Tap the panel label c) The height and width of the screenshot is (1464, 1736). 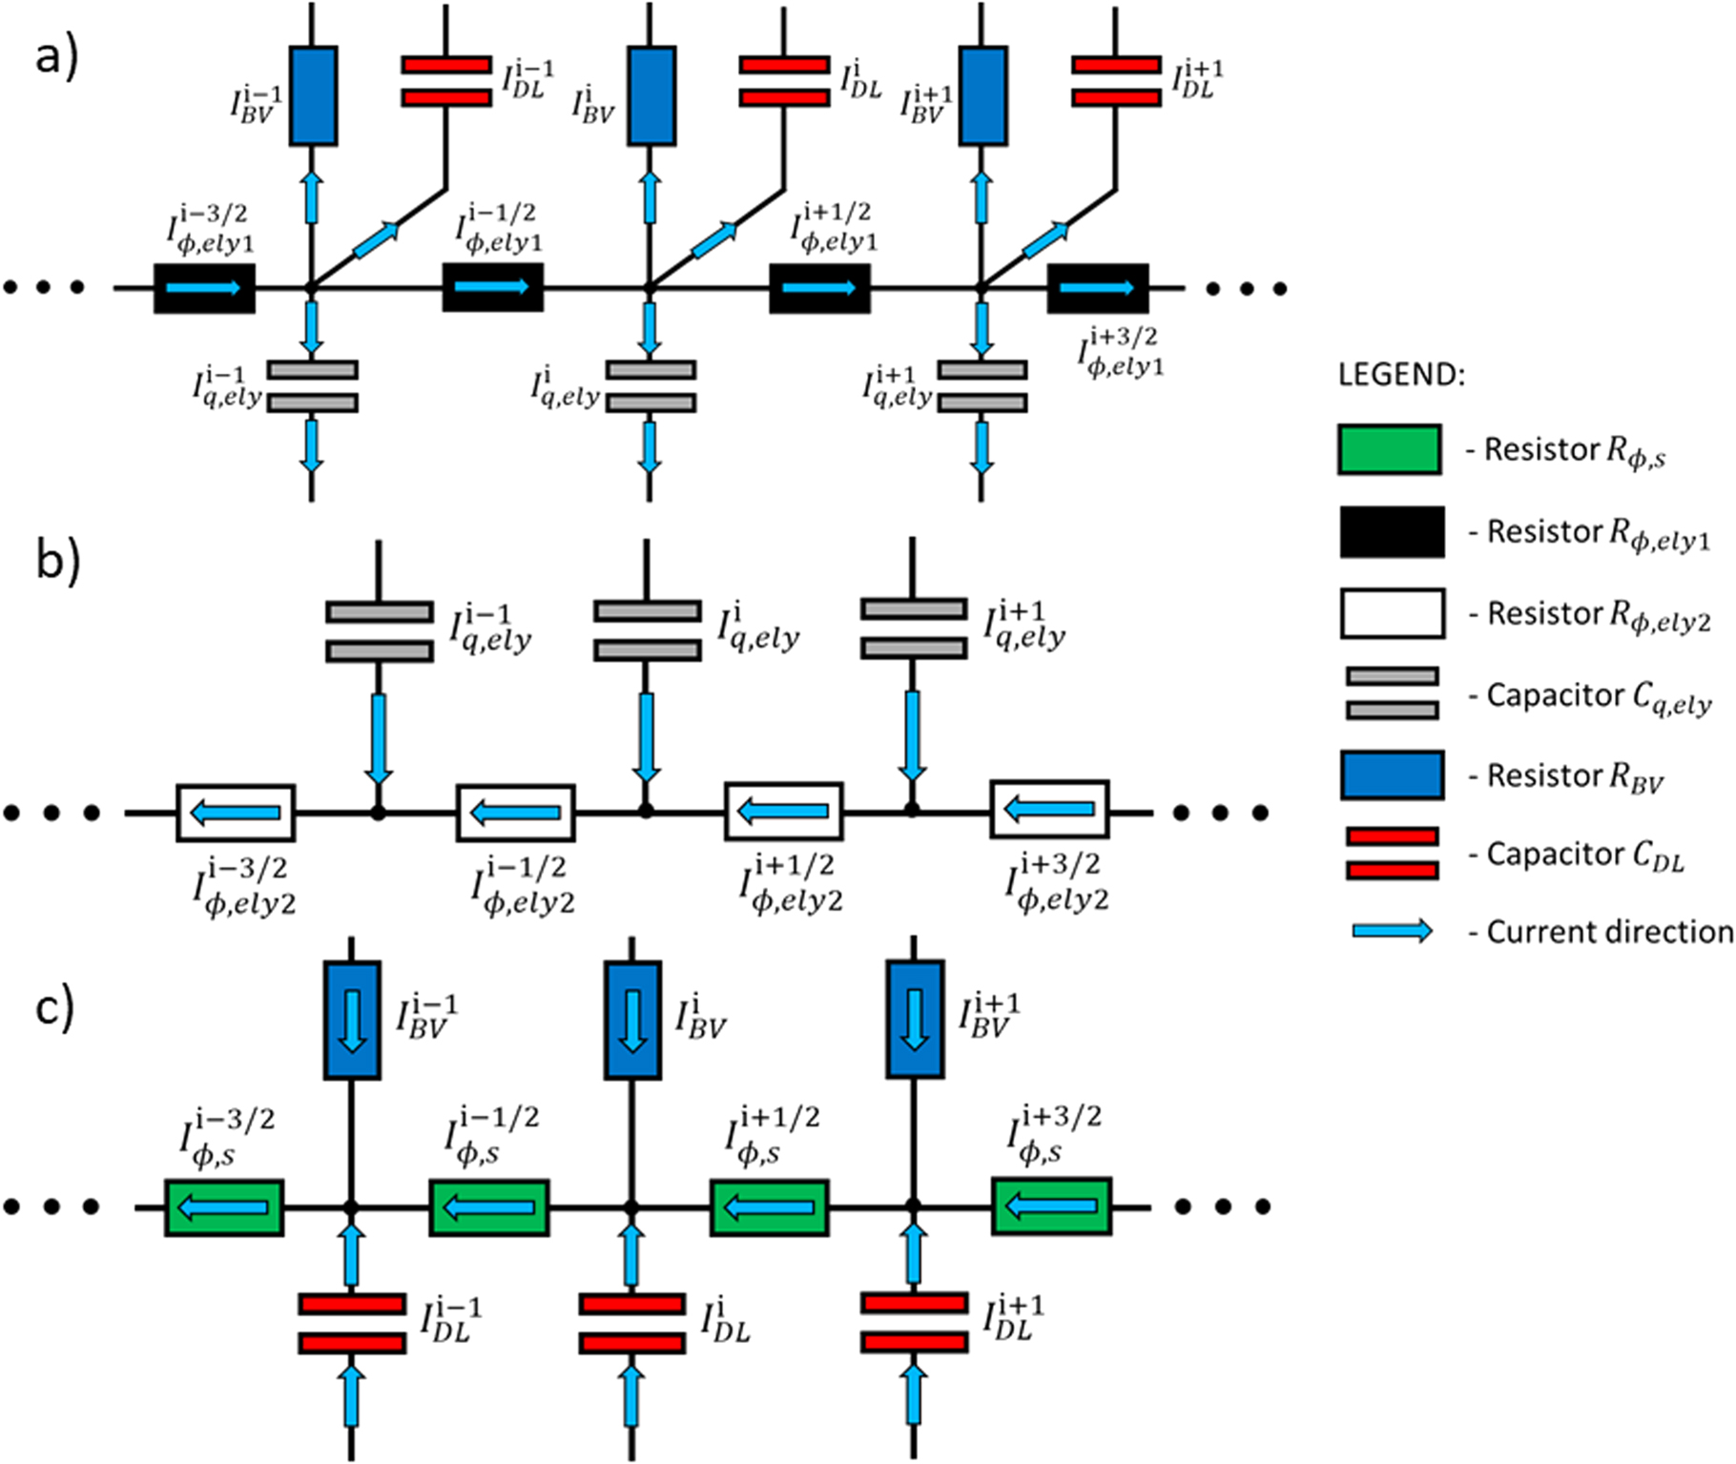point(53,1009)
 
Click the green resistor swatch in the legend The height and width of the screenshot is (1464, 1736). point(1389,449)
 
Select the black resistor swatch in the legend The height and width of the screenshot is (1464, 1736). point(1391,531)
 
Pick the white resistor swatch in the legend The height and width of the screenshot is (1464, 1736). point(1391,613)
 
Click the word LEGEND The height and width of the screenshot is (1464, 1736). point(1400,375)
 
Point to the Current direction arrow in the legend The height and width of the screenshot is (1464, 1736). point(1392,931)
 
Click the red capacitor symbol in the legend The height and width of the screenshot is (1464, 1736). point(1392,853)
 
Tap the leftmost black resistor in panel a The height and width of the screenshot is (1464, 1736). point(204,288)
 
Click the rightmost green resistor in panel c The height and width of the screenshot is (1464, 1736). point(1051,1207)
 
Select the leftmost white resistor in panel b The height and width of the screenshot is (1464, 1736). point(236,813)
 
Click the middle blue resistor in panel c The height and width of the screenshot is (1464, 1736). point(632,1021)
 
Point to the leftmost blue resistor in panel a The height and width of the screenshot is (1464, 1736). point(313,96)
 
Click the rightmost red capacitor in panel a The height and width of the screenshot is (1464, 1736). point(1116,81)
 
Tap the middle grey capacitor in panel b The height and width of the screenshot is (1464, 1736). point(647,629)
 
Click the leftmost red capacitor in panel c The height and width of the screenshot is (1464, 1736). point(352,1323)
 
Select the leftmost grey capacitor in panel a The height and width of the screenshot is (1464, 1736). point(312,386)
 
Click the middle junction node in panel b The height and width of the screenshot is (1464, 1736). point(646,811)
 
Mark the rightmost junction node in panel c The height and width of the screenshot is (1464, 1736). point(913,1206)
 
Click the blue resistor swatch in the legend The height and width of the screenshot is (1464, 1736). point(1391,774)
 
